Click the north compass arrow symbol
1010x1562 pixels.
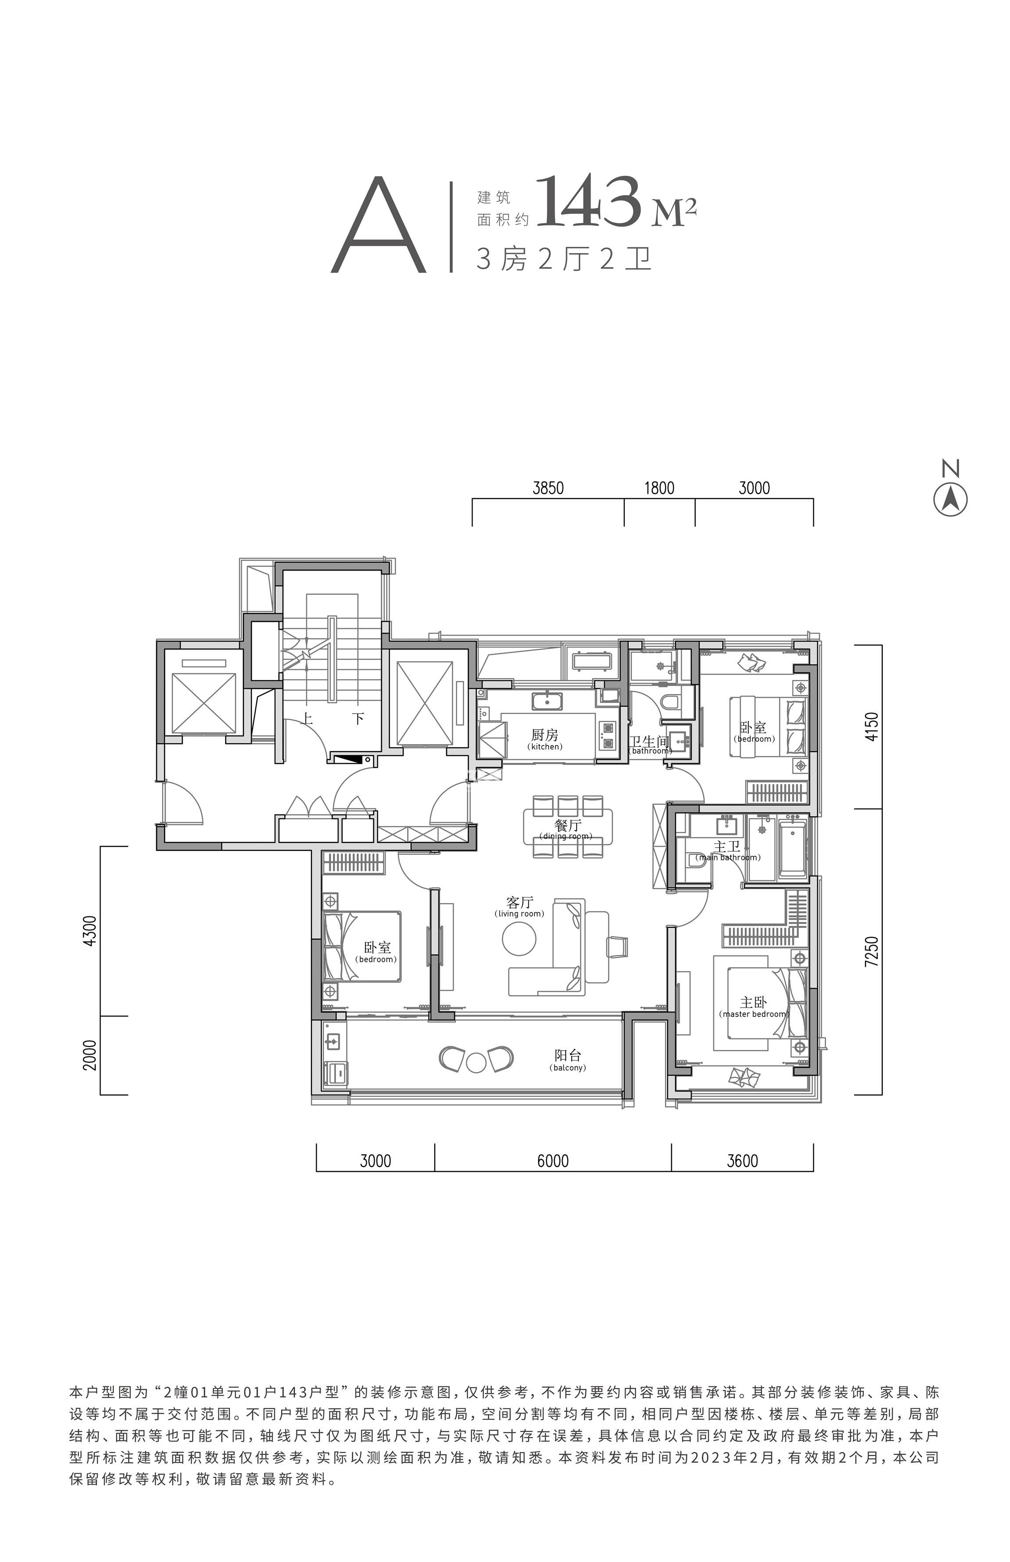(x=950, y=500)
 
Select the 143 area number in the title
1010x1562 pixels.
(x=588, y=202)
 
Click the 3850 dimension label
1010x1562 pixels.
(x=548, y=488)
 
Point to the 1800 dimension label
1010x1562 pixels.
(x=659, y=488)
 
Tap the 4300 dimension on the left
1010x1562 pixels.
(x=90, y=930)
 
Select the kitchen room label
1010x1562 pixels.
(x=545, y=739)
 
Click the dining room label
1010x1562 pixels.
(x=566, y=829)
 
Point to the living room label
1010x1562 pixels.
(x=519, y=907)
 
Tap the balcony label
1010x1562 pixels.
(x=568, y=1059)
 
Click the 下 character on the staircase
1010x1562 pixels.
(x=358, y=718)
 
